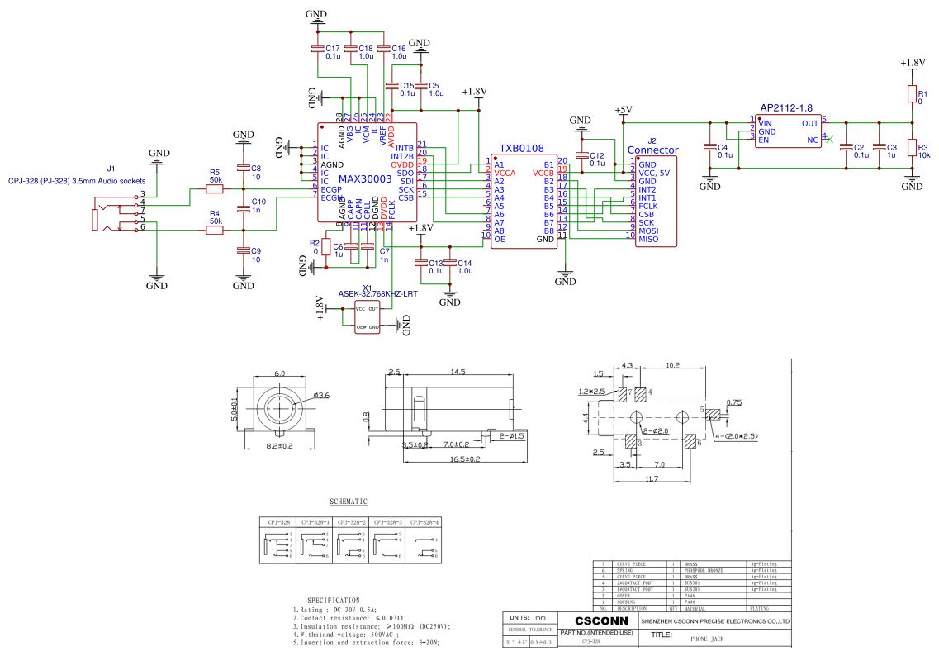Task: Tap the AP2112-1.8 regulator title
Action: click(x=786, y=108)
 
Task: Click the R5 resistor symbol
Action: click(x=215, y=189)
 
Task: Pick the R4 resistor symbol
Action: click(x=215, y=231)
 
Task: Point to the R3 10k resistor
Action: click(x=912, y=148)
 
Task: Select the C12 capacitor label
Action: click(x=596, y=156)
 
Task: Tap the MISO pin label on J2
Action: click(x=648, y=240)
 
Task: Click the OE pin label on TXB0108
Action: click(x=500, y=240)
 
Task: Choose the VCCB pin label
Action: click(x=543, y=174)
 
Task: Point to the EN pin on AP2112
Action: click(x=765, y=140)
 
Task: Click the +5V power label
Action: click(x=624, y=110)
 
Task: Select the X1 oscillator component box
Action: click(x=368, y=317)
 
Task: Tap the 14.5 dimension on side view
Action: click(x=458, y=373)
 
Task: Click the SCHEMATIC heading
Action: click(x=349, y=502)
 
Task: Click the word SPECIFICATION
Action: click(x=334, y=601)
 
